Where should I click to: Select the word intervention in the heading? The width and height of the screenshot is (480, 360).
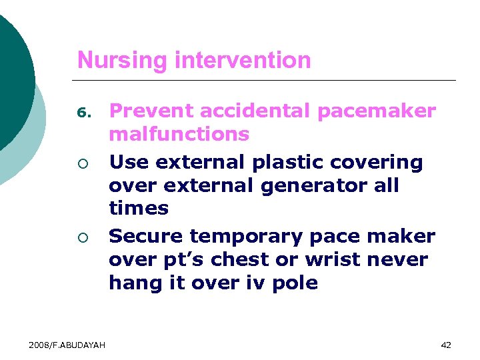[x=242, y=61]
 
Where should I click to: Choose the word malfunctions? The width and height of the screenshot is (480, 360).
[x=179, y=134]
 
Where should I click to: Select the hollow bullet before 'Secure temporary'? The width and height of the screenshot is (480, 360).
[x=81, y=238]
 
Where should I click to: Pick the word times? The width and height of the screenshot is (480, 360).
[x=139, y=208]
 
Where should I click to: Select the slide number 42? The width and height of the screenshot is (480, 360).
[x=446, y=345]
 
